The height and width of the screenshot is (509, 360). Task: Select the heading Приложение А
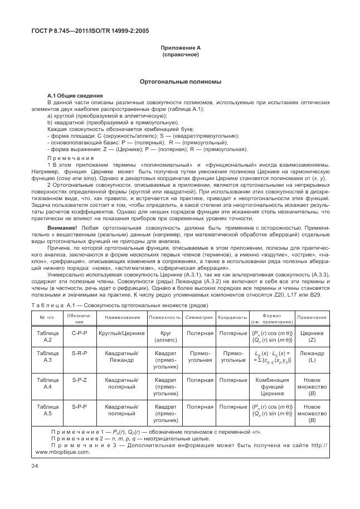tap(181, 49)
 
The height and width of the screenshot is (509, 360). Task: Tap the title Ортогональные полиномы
tap(181, 82)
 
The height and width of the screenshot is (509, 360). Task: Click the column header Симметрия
tap(198, 317)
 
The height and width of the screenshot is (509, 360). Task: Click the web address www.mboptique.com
tap(62, 452)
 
